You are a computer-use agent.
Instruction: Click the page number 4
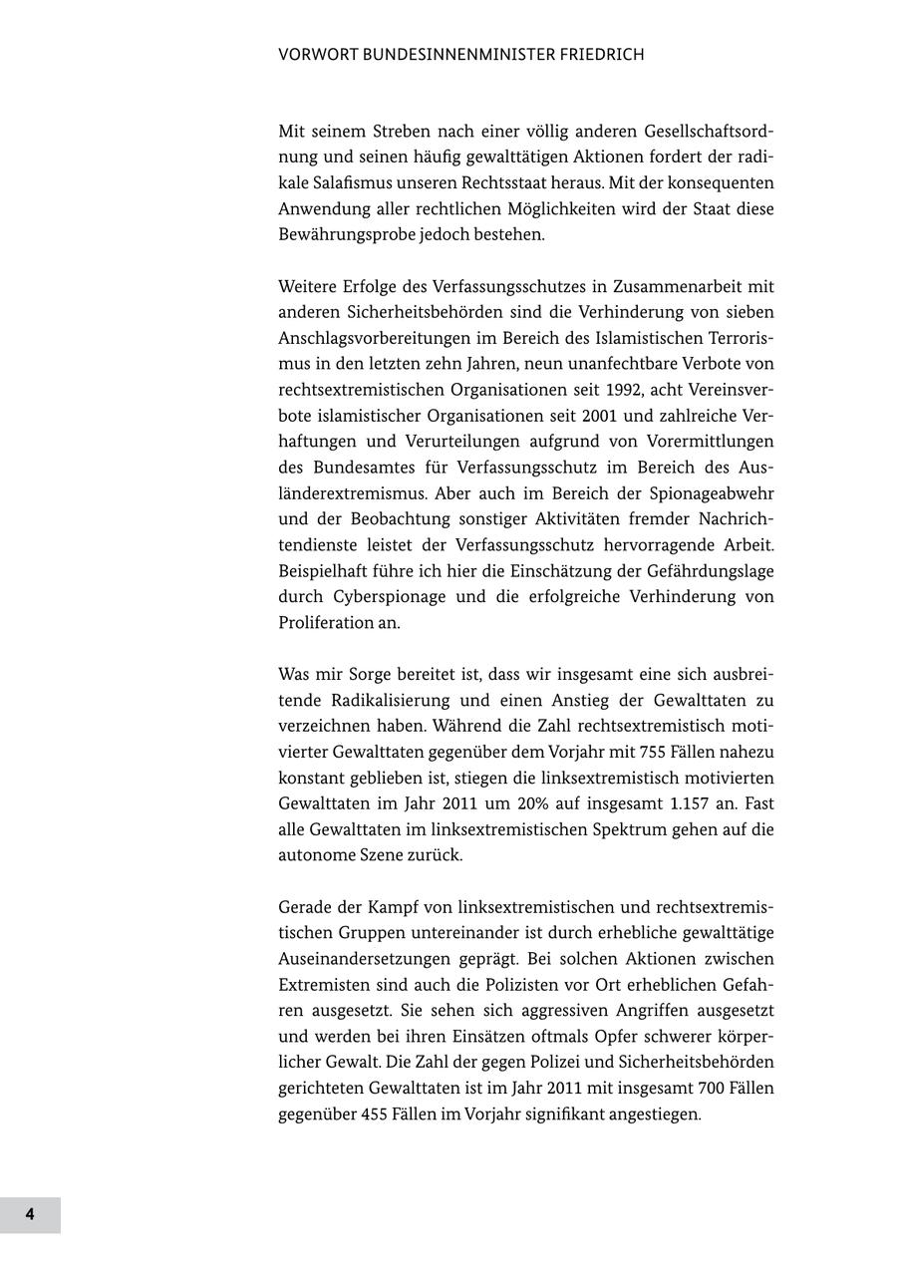click(x=30, y=1214)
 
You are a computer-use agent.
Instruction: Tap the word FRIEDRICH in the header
click(x=593, y=55)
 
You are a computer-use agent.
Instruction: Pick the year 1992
click(x=578, y=390)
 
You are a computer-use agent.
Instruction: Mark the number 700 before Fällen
click(x=700, y=1089)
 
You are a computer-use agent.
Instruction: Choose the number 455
click(x=380, y=1114)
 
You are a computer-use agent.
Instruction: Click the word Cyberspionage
click(x=382, y=597)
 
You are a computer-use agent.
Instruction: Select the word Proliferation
click(x=325, y=623)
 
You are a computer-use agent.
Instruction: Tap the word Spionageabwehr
click(x=712, y=493)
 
